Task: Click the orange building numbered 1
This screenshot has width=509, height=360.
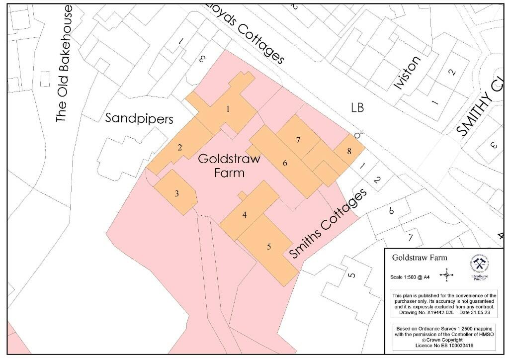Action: click(228, 109)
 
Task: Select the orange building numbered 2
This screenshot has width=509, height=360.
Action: click(180, 147)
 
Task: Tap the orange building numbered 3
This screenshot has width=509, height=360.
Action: click(176, 193)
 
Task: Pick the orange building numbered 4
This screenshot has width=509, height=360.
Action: click(244, 215)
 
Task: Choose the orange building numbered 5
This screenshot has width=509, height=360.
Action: click(268, 247)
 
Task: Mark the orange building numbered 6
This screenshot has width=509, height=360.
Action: click(285, 163)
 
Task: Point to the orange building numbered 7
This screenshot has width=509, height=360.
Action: click(298, 140)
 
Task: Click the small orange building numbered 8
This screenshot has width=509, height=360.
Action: click(349, 151)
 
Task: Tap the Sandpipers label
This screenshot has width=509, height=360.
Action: click(140, 119)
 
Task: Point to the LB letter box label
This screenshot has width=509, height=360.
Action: click(357, 107)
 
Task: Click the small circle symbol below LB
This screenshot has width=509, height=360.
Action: click(357, 135)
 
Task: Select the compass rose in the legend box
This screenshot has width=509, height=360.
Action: click(446, 274)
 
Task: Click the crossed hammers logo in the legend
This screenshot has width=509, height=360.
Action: click(479, 263)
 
